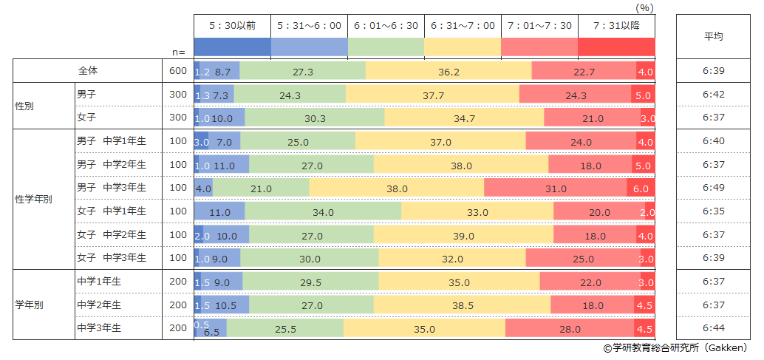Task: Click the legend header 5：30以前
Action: pos(232,26)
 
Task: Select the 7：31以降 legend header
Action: pos(616,26)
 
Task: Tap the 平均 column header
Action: pos(713,36)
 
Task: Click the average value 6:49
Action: pos(713,188)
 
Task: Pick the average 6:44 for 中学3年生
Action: pos(713,328)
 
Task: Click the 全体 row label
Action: pos(88,71)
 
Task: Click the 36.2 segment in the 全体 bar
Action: pos(448,72)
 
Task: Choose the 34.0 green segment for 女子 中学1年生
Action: pos(323,212)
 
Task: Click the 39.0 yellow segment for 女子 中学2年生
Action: pos(463,236)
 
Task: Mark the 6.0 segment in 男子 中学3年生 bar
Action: pos(641,189)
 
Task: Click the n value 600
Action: pos(178,71)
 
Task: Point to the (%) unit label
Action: pos(645,7)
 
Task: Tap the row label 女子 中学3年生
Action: pos(112,258)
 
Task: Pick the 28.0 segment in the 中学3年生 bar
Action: pos(570,329)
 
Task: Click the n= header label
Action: pos(178,52)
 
